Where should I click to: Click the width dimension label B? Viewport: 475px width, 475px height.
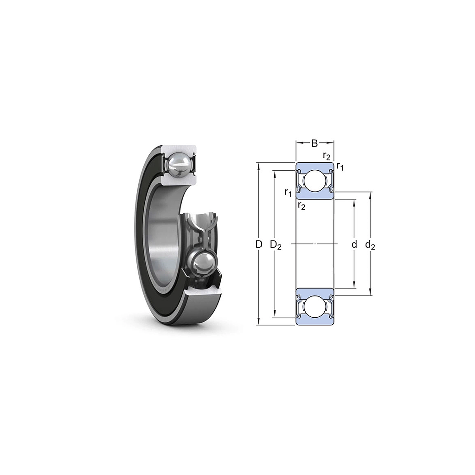coord(315,143)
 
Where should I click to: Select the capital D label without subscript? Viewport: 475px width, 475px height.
coord(259,244)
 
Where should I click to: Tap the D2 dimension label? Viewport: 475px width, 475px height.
coord(276,244)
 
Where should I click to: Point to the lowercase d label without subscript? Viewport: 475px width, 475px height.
coord(354,244)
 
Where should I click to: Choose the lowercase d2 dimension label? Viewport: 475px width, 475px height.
coord(370,244)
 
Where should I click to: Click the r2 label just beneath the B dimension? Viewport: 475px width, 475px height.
coord(327,156)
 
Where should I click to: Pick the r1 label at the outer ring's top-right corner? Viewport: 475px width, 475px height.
coord(340,166)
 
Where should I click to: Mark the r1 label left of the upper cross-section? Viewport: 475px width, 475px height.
coord(288,192)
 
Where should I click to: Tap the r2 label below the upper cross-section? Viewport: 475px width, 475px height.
coord(302,205)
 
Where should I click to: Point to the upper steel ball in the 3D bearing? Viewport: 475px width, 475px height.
coord(179,164)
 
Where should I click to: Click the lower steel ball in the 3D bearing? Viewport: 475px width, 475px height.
coord(203,264)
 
